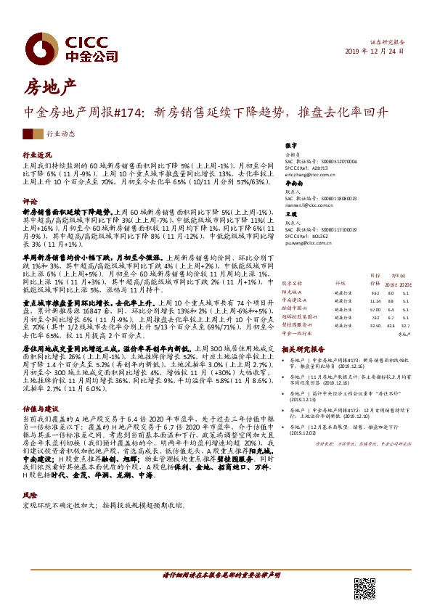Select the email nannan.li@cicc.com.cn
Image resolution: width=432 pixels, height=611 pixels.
307,206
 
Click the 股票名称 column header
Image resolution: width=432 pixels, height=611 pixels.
292,284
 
